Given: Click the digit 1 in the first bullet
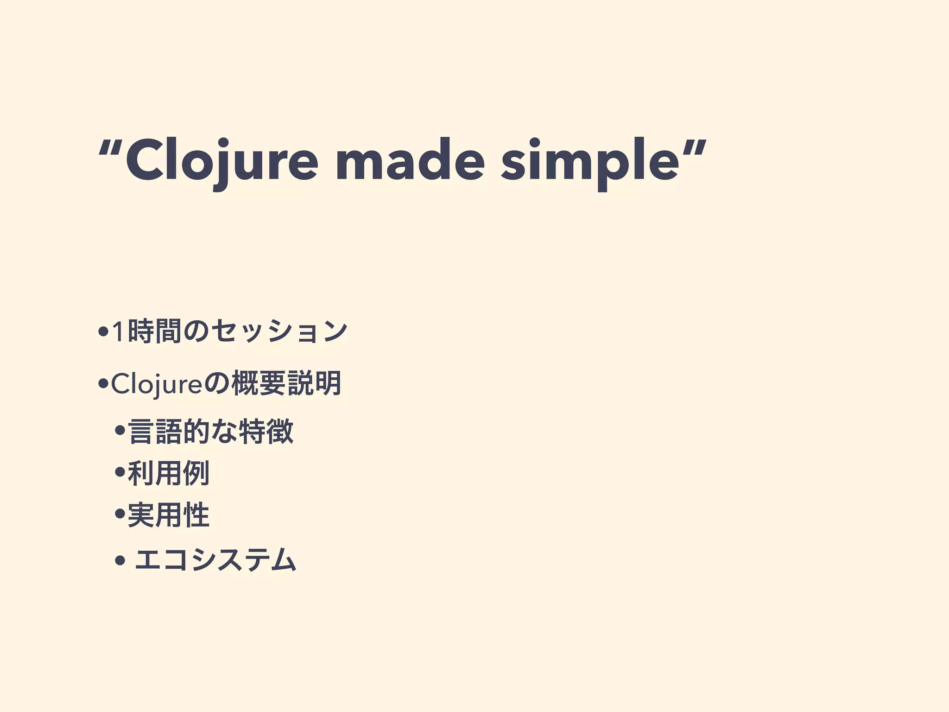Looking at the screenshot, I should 119,332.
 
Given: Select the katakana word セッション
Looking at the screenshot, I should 278,332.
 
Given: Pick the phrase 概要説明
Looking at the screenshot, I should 286,384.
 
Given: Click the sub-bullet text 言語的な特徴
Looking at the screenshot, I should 211,432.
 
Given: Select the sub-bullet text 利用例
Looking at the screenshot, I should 169,473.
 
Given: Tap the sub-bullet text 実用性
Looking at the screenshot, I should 169,515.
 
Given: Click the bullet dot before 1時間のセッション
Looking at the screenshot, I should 103,332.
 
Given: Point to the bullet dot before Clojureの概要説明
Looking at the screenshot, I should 103,384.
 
